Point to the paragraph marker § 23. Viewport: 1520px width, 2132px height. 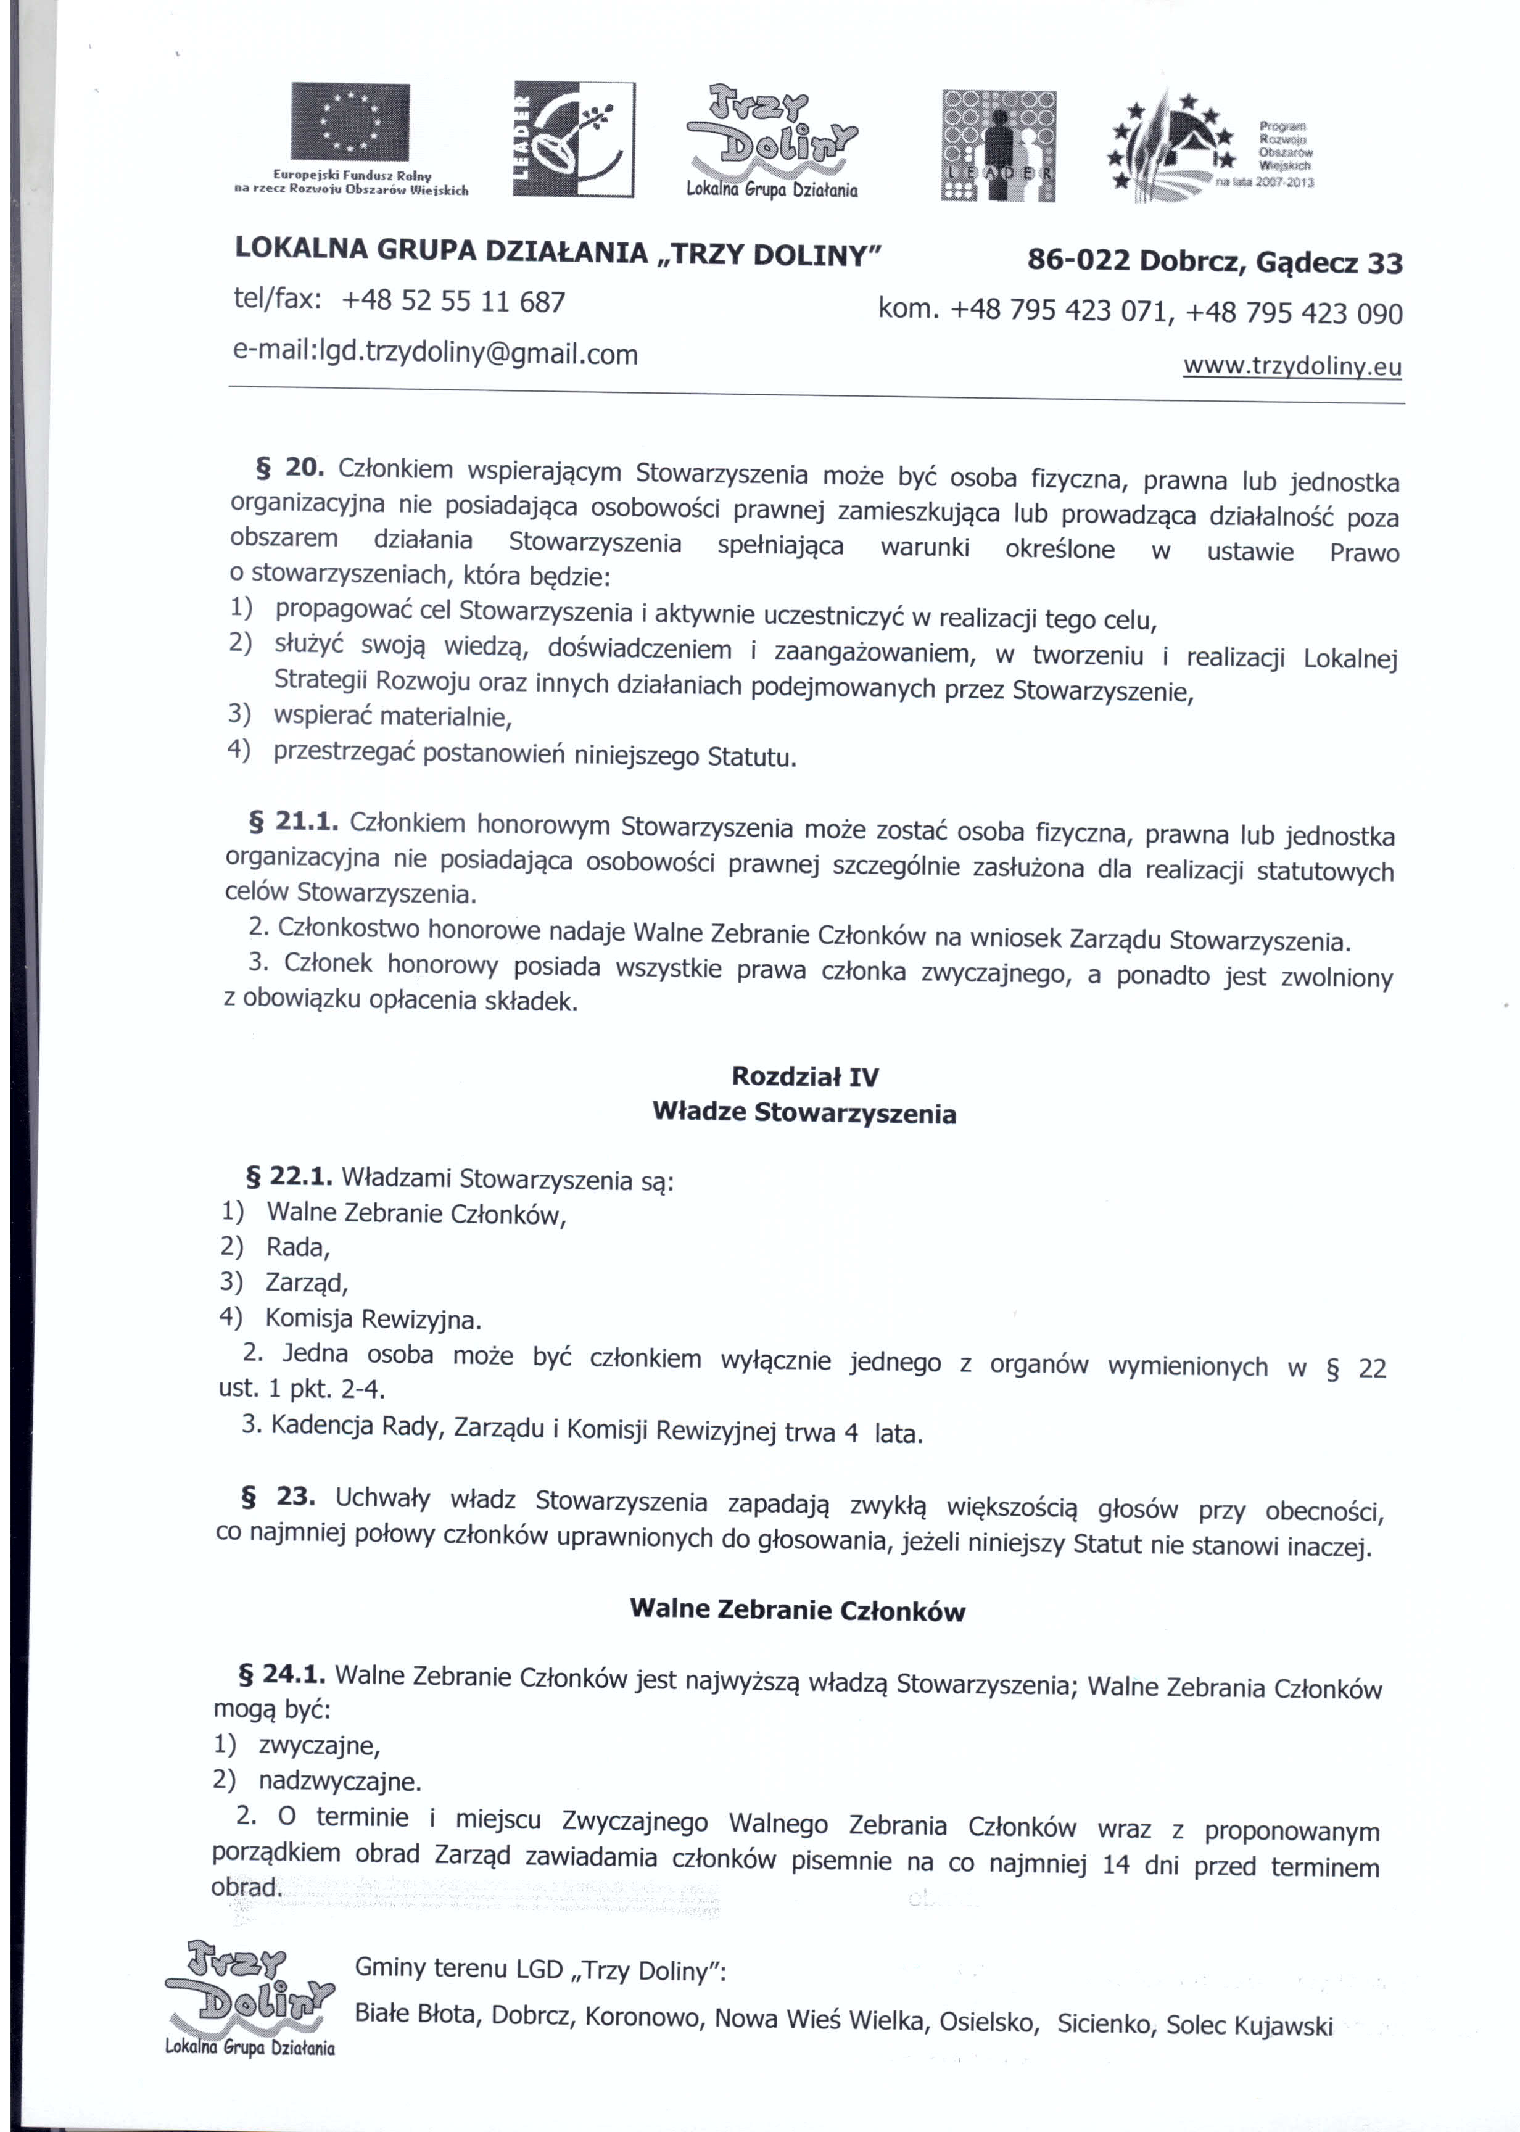277,1497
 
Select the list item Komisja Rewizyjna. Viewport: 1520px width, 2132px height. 373,1320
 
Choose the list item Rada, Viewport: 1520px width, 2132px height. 297,1247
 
